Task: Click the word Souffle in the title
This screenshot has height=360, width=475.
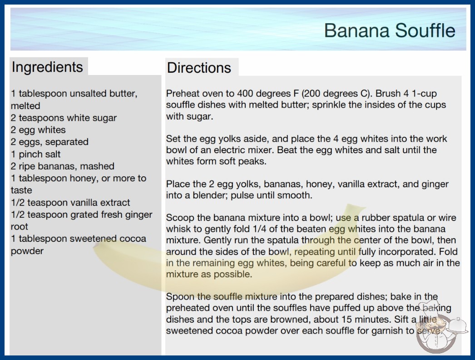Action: pyautogui.click(x=425, y=30)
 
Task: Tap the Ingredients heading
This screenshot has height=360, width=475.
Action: pyautogui.click(x=47, y=67)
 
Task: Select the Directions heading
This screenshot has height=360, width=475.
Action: pyautogui.click(x=199, y=68)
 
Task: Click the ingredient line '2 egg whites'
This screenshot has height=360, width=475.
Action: pyautogui.click(x=38, y=130)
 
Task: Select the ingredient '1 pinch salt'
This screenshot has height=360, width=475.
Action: pyautogui.click(x=36, y=154)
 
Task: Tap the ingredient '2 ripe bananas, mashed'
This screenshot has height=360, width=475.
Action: pyautogui.click(x=63, y=166)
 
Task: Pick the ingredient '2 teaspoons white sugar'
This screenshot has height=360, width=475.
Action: pyautogui.click(x=64, y=118)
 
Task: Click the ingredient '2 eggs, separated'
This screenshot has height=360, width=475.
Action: pyautogui.click(x=49, y=142)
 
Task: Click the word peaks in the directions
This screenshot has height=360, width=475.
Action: pyautogui.click(x=252, y=161)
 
